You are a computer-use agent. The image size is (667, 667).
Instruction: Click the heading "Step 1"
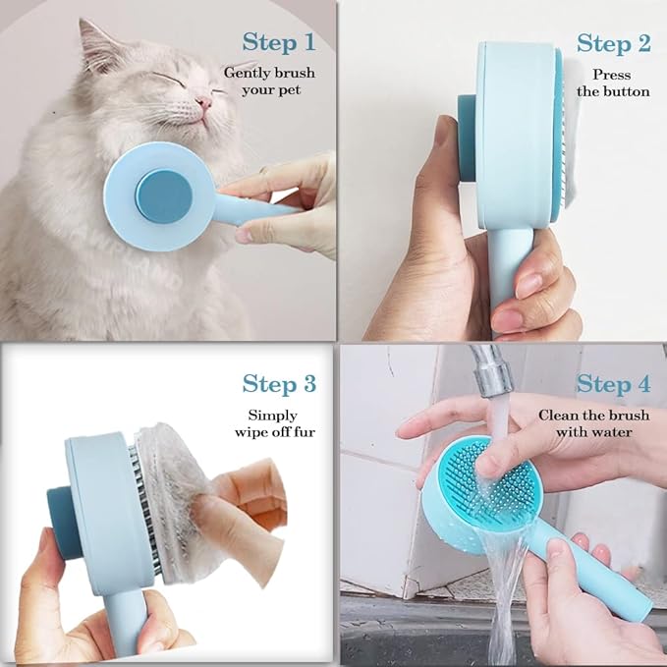click(x=279, y=42)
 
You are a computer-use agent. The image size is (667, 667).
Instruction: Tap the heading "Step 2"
click(x=613, y=43)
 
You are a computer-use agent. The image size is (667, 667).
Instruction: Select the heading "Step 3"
click(x=279, y=383)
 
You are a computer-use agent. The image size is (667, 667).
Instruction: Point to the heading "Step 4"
click(x=613, y=383)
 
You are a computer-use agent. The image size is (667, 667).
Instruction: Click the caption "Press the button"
click(x=613, y=83)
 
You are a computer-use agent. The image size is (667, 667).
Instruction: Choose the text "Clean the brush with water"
click(x=585, y=423)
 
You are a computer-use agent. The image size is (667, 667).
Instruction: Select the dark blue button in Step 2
click(x=466, y=138)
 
